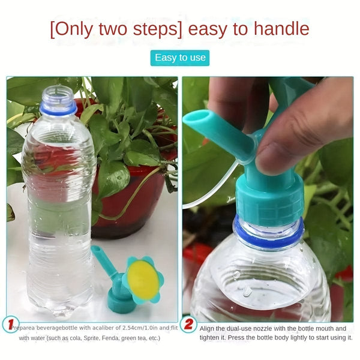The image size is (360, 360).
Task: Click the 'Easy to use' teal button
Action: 180,58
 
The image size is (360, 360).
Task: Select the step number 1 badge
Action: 10,325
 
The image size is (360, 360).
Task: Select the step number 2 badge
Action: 188,325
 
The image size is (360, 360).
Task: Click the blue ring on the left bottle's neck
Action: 58,109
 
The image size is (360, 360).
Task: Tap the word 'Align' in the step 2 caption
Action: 209,328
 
